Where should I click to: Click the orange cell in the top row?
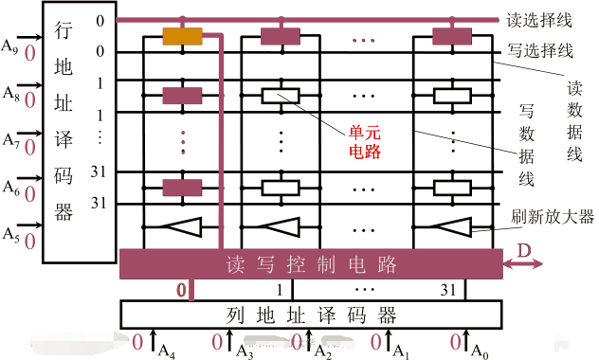[182, 37]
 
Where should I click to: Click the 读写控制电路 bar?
[311, 262]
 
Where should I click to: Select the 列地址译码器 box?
[311, 313]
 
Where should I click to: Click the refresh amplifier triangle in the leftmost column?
[181, 226]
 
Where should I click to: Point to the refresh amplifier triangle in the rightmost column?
[450, 226]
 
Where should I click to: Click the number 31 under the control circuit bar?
[448, 289]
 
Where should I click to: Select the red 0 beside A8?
[29, 99]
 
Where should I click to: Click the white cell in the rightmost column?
[450, 96]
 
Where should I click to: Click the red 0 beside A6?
[29, 193]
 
